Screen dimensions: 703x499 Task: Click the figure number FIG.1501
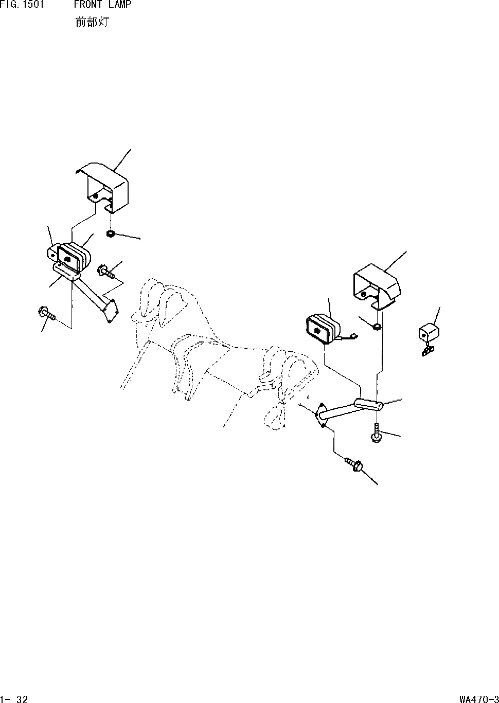[21, 5]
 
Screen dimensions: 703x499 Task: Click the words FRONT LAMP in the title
[102, 5]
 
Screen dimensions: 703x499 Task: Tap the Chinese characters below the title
[92, 23]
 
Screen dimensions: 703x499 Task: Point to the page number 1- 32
[15, 698]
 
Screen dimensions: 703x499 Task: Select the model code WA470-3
[478, 698]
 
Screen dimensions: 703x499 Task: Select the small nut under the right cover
[377, 327]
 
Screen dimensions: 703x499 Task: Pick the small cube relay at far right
[428, 333]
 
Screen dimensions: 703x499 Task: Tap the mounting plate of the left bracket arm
[110, 311]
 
